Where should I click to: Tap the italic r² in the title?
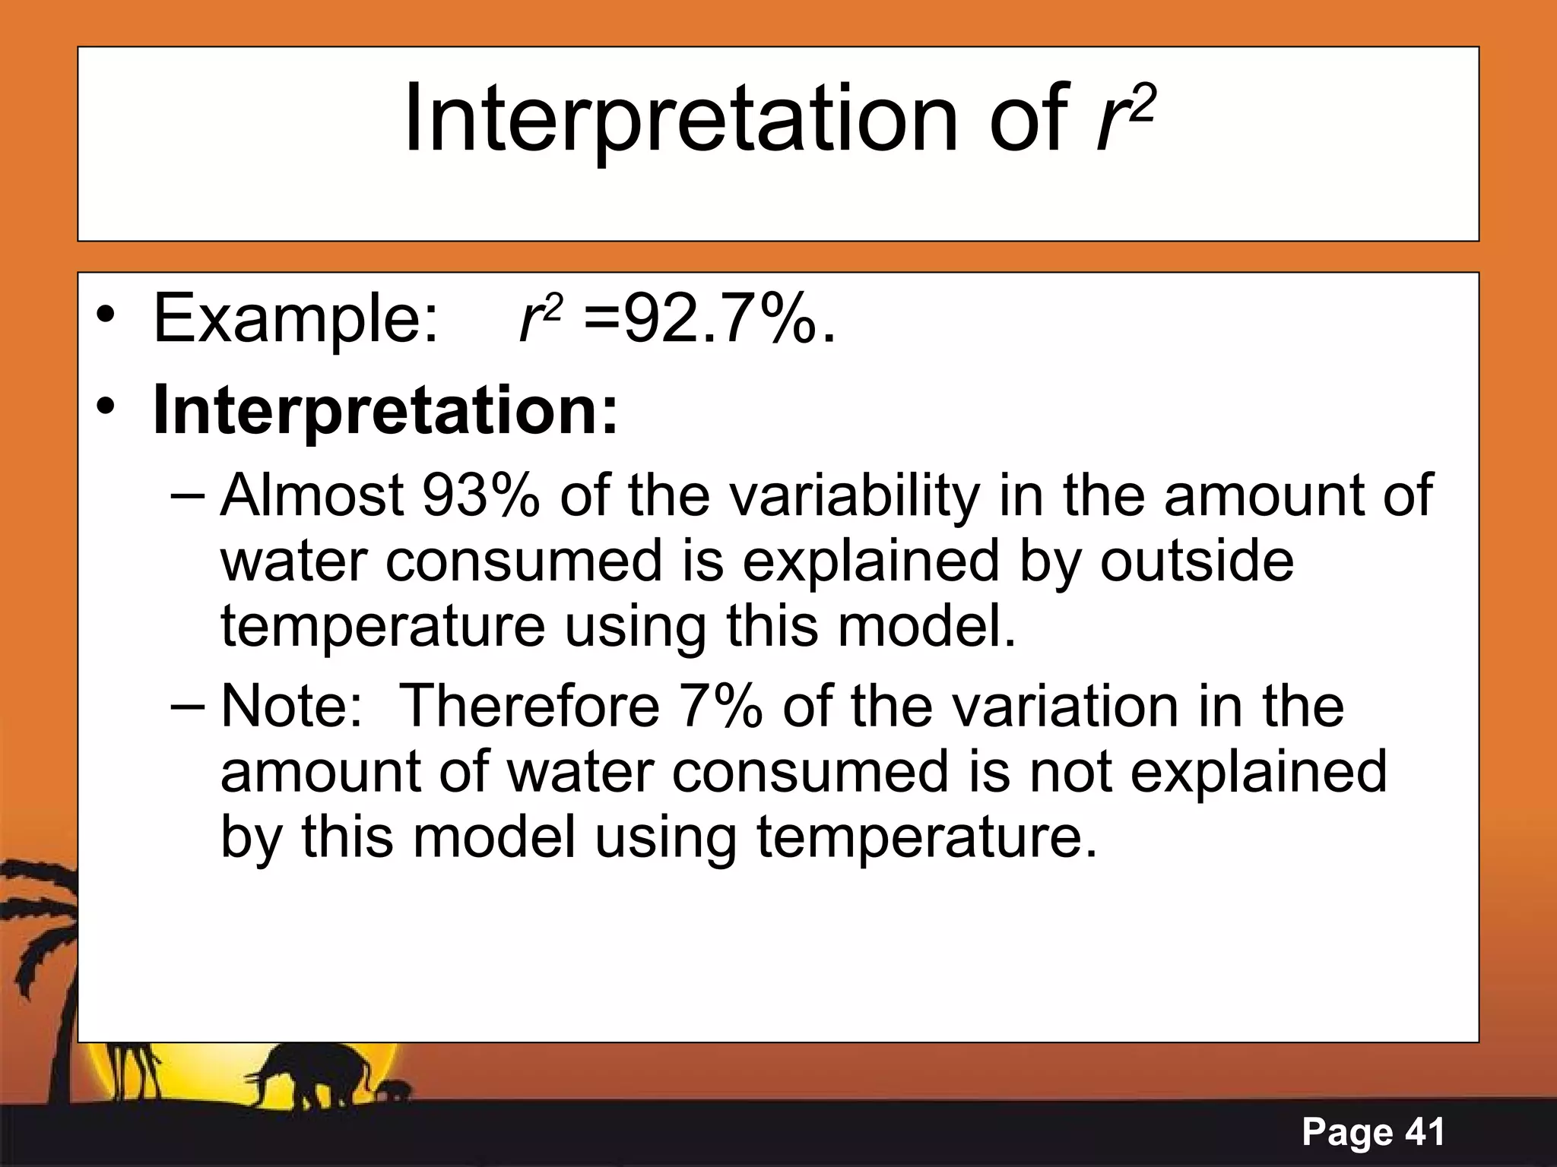click(x=1124, y=120)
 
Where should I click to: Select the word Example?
click(x=295, y=319)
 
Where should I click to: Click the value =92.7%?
click(x=709, y=319)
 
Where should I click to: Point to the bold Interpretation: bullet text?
click(x=385, y=410)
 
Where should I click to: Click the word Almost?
click(x=312, y=495)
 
